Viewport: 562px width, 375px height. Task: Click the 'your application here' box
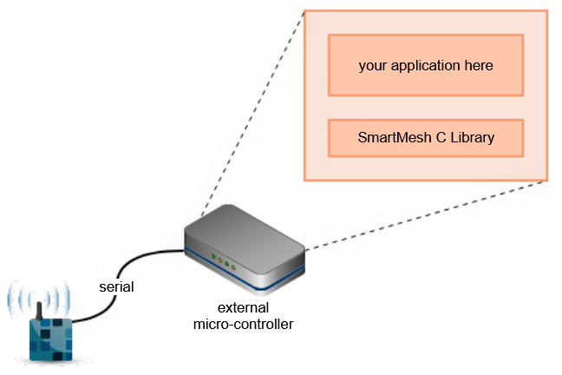[x=426, y=65]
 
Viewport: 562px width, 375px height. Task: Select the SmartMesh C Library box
[x=426, y=138]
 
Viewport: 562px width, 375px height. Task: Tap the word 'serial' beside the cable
[x=116, y=287]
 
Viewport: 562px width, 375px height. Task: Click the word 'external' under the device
[x=243, y=308]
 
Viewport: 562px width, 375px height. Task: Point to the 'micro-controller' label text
[x=244, y=325]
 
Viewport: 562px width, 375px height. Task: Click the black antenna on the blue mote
[x=39, y=311]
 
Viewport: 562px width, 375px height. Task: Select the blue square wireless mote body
[x=50, y=339]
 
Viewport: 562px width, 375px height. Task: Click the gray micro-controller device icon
[x=245, y=249]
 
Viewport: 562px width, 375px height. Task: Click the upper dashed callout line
[x=252, y=114]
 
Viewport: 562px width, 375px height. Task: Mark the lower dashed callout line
[x=426, y=215]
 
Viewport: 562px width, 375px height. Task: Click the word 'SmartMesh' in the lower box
[x=395, y=138]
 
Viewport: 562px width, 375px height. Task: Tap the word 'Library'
[x=473, y=138]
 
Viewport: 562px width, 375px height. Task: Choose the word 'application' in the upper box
[x=426, y=66]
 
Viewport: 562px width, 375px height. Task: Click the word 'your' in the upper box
[x=373, y=67]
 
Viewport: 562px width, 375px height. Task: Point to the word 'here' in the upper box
[x=479, y=65]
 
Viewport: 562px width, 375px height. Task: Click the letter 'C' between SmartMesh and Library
[x=441, y=138]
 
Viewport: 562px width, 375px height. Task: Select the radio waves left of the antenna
[x=23, y=299]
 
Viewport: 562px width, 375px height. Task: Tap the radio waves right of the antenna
[x=57, y=299]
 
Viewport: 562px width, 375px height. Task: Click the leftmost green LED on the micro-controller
[x=213, y=256]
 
